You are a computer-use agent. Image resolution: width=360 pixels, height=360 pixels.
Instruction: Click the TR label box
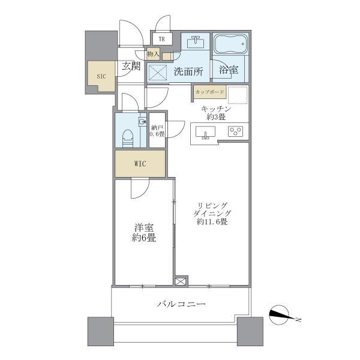click(x=162, y=40)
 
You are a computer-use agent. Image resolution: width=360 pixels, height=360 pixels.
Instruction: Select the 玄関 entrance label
click(x=131, y=67)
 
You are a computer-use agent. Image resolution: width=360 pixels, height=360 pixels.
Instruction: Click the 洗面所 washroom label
click(x=188, y=71)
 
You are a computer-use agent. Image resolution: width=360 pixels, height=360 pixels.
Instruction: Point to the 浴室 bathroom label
click(x=229, y=70)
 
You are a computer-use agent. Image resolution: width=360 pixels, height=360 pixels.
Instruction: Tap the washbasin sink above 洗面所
click(x=196, y=43)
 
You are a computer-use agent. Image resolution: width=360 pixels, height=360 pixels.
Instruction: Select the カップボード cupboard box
click(x=209, y=92)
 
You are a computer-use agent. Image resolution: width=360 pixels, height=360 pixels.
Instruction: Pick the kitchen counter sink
click(x=206, y=133)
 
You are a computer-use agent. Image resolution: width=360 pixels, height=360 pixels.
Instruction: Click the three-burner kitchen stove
click(x=235, y=133)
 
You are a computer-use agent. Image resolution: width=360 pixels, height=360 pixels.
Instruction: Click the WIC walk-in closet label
click(x=140, y=164)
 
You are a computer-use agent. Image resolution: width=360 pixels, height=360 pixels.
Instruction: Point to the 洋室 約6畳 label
click(x=145, y=232)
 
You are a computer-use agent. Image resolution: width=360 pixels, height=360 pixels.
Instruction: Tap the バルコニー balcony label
click(x=181, y=305)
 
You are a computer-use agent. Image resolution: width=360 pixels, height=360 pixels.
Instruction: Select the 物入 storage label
click(x=153, y=54)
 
